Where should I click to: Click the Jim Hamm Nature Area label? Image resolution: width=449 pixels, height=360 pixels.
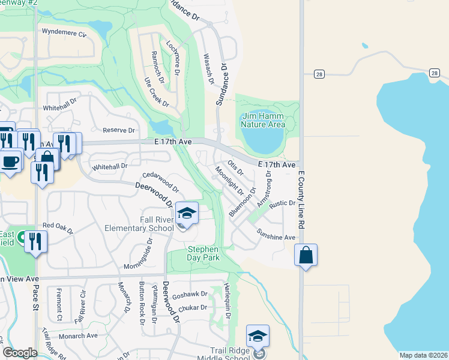[262, 120]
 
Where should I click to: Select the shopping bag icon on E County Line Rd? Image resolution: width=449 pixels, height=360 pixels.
[306, 255]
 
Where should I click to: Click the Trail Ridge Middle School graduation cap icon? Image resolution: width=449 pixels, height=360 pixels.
[258, 337]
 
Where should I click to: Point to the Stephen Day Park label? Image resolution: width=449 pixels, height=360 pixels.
[203, 253]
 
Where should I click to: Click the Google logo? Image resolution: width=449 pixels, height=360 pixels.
[20, 353]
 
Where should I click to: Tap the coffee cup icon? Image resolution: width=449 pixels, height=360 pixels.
[10, 161]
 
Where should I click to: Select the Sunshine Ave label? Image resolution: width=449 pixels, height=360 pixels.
[276, 235]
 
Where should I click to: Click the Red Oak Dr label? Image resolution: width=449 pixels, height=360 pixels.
[57, 228]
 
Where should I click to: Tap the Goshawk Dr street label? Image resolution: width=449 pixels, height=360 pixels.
[190, 295]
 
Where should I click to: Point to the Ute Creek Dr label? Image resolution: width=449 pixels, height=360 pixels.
[155, 89]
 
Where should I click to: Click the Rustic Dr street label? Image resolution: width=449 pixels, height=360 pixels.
[283, 204]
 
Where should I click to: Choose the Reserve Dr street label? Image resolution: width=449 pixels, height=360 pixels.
[119, 130]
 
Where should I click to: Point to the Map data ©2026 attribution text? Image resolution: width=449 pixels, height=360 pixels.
[423, 355]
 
